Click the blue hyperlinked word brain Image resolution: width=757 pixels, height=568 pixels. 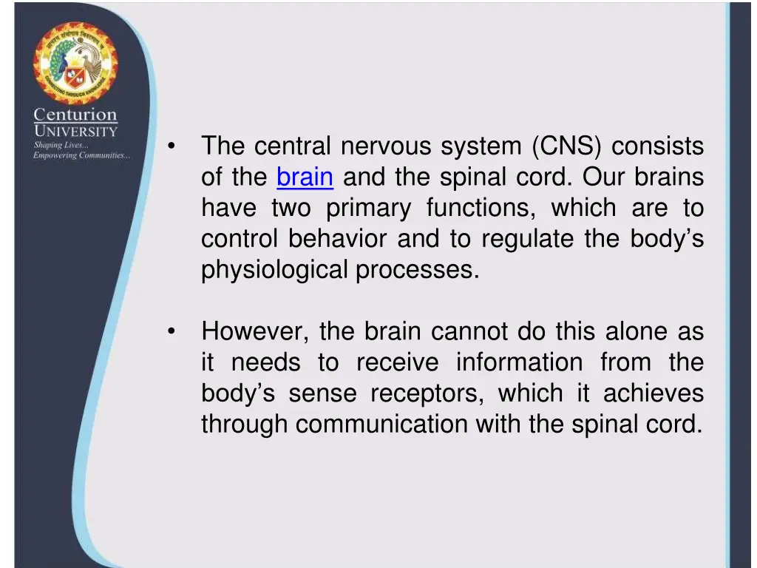click(305, 177)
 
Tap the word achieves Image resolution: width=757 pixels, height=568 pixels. click(654, 393)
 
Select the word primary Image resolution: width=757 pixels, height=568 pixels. click(368, 209)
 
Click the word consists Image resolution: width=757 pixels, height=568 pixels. click(657, 146)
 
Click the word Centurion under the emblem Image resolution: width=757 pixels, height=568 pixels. click(75, 115)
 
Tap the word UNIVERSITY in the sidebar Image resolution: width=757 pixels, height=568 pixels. click(75, 132)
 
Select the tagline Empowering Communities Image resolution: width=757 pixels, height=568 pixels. click(81, 155)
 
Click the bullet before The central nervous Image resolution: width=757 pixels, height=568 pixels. click(172, 146)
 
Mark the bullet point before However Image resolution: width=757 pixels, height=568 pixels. click(172, 332)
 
